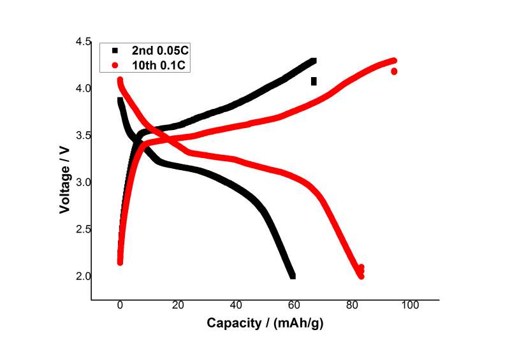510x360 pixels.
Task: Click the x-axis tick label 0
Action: [120, 306]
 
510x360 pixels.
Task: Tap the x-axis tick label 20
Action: [178, 306]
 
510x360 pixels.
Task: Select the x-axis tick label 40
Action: [236, 306]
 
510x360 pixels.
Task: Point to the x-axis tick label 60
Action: [294, 306]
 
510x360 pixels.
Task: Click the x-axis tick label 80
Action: [352, 306]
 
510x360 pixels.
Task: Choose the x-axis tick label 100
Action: [410, 306]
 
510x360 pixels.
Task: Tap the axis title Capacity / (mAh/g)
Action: [265, 323]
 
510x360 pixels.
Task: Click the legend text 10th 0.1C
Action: [157, 65]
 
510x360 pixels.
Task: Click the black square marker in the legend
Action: [115, 50]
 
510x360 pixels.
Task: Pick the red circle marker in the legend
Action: [115, 65]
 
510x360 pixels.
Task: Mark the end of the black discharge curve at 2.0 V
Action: [293, 275]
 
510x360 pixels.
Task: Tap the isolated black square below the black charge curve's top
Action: [314, 81]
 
